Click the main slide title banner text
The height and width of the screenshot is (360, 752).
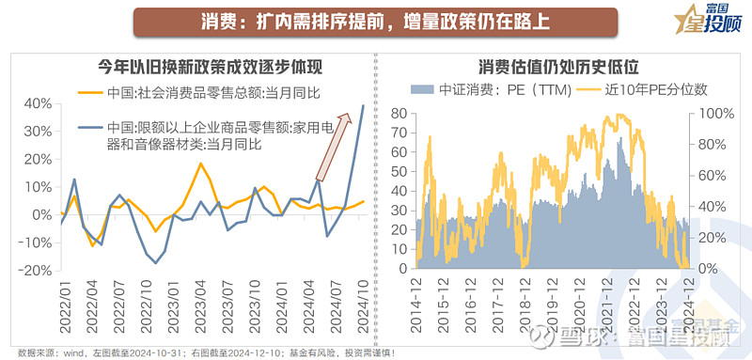click(x=374, y=21)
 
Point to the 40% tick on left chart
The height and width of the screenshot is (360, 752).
click(x=39, y=103)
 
